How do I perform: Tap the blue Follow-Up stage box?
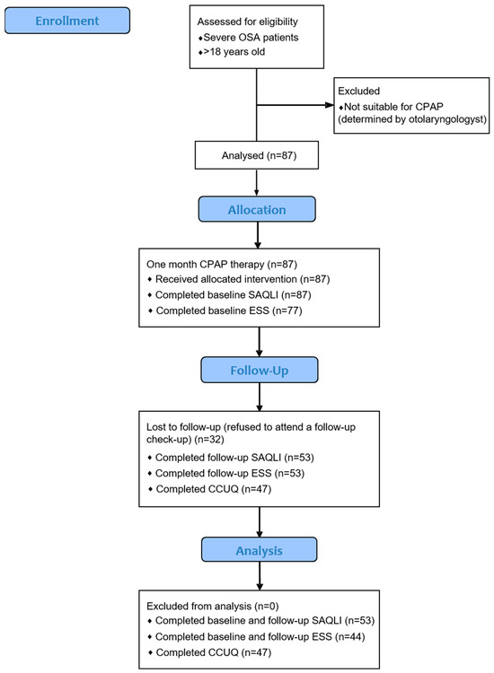coord(258,368)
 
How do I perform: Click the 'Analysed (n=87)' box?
coord(258,157)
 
